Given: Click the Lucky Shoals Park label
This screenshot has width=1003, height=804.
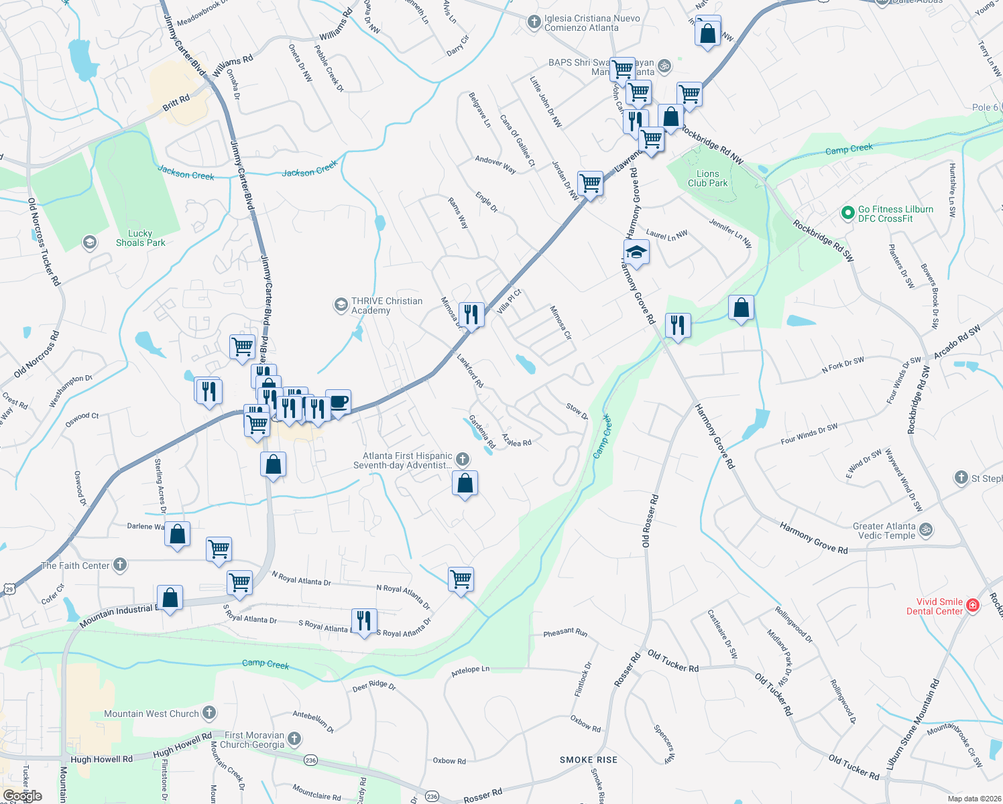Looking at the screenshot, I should (x=140, y=239).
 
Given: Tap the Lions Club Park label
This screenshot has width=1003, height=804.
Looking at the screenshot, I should (x=707, y=178).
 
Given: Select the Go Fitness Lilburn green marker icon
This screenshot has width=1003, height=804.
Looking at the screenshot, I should (x=848, y=214).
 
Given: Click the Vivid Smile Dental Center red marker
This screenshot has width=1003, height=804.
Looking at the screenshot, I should (x=973, y=606).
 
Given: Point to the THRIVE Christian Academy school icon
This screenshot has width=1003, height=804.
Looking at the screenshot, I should (x=341, y=306).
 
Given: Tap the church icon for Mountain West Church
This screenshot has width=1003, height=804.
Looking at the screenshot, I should (x=209, y=713).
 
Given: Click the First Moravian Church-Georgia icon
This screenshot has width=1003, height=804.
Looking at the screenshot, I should (x=294, y=740).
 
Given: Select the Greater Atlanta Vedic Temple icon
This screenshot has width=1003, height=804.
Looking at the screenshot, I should (x=926, y=530).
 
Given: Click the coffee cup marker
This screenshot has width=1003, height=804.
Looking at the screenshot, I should (x=339, y=403).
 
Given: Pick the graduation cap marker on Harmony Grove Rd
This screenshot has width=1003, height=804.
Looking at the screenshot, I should (x=636, y=253).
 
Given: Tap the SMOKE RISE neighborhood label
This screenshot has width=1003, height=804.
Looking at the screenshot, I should (x=589, y=760).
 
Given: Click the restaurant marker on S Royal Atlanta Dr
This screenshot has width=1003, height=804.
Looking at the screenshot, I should (x=363, y=620).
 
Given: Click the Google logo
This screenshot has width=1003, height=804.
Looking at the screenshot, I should (x=23, y=796).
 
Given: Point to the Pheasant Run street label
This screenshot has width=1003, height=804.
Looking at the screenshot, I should (x=565, y=632).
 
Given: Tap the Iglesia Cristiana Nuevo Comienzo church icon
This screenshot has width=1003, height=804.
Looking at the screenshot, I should (x=534, y=23).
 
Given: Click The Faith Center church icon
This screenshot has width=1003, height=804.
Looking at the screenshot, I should (x=120, y=565).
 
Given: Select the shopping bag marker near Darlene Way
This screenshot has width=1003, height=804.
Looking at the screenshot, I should (x=178, y=535).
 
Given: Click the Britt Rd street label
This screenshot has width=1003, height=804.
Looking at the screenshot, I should (x=176, y=103).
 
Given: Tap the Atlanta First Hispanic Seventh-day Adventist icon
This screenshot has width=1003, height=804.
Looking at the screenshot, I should (x=462, y=460).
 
